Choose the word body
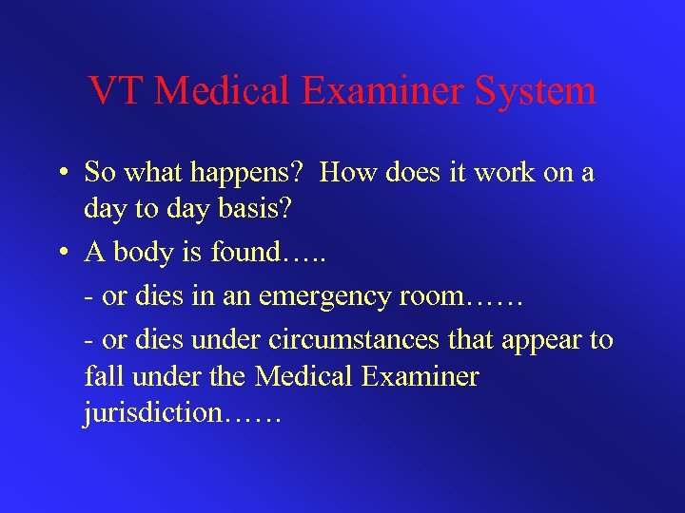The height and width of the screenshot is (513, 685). [144, 255]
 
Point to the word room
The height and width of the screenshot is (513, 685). [433, 296]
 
